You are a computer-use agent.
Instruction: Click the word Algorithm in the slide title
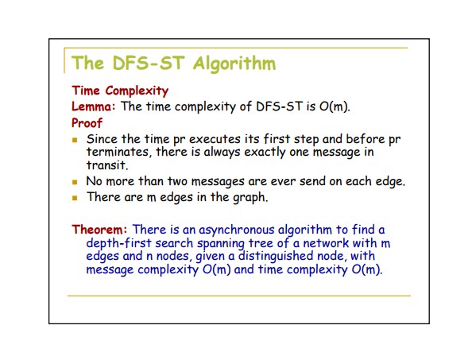click(x=234, y=64)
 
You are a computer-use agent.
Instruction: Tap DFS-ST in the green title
click(x=148, y=64)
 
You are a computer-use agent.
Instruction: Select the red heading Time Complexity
click(x=120, y=91)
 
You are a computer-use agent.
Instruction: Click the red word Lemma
click(x=93, y=106)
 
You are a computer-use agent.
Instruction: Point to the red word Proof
click(x=87, y=123)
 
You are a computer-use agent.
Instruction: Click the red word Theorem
click(x=99, y=230)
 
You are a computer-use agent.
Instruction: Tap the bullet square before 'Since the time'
click(x=75, y=140)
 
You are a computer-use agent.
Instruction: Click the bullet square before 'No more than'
click(x=75, y=182)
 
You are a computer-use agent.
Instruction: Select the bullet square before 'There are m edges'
click(x=75, y=198)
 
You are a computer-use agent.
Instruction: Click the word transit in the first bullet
click(x=107, y=165)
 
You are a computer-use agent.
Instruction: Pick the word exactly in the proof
click(x=265, y=153)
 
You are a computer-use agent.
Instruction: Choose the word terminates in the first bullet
click(x=118, y=152)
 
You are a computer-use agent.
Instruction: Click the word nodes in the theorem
click(x=173, y=257)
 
